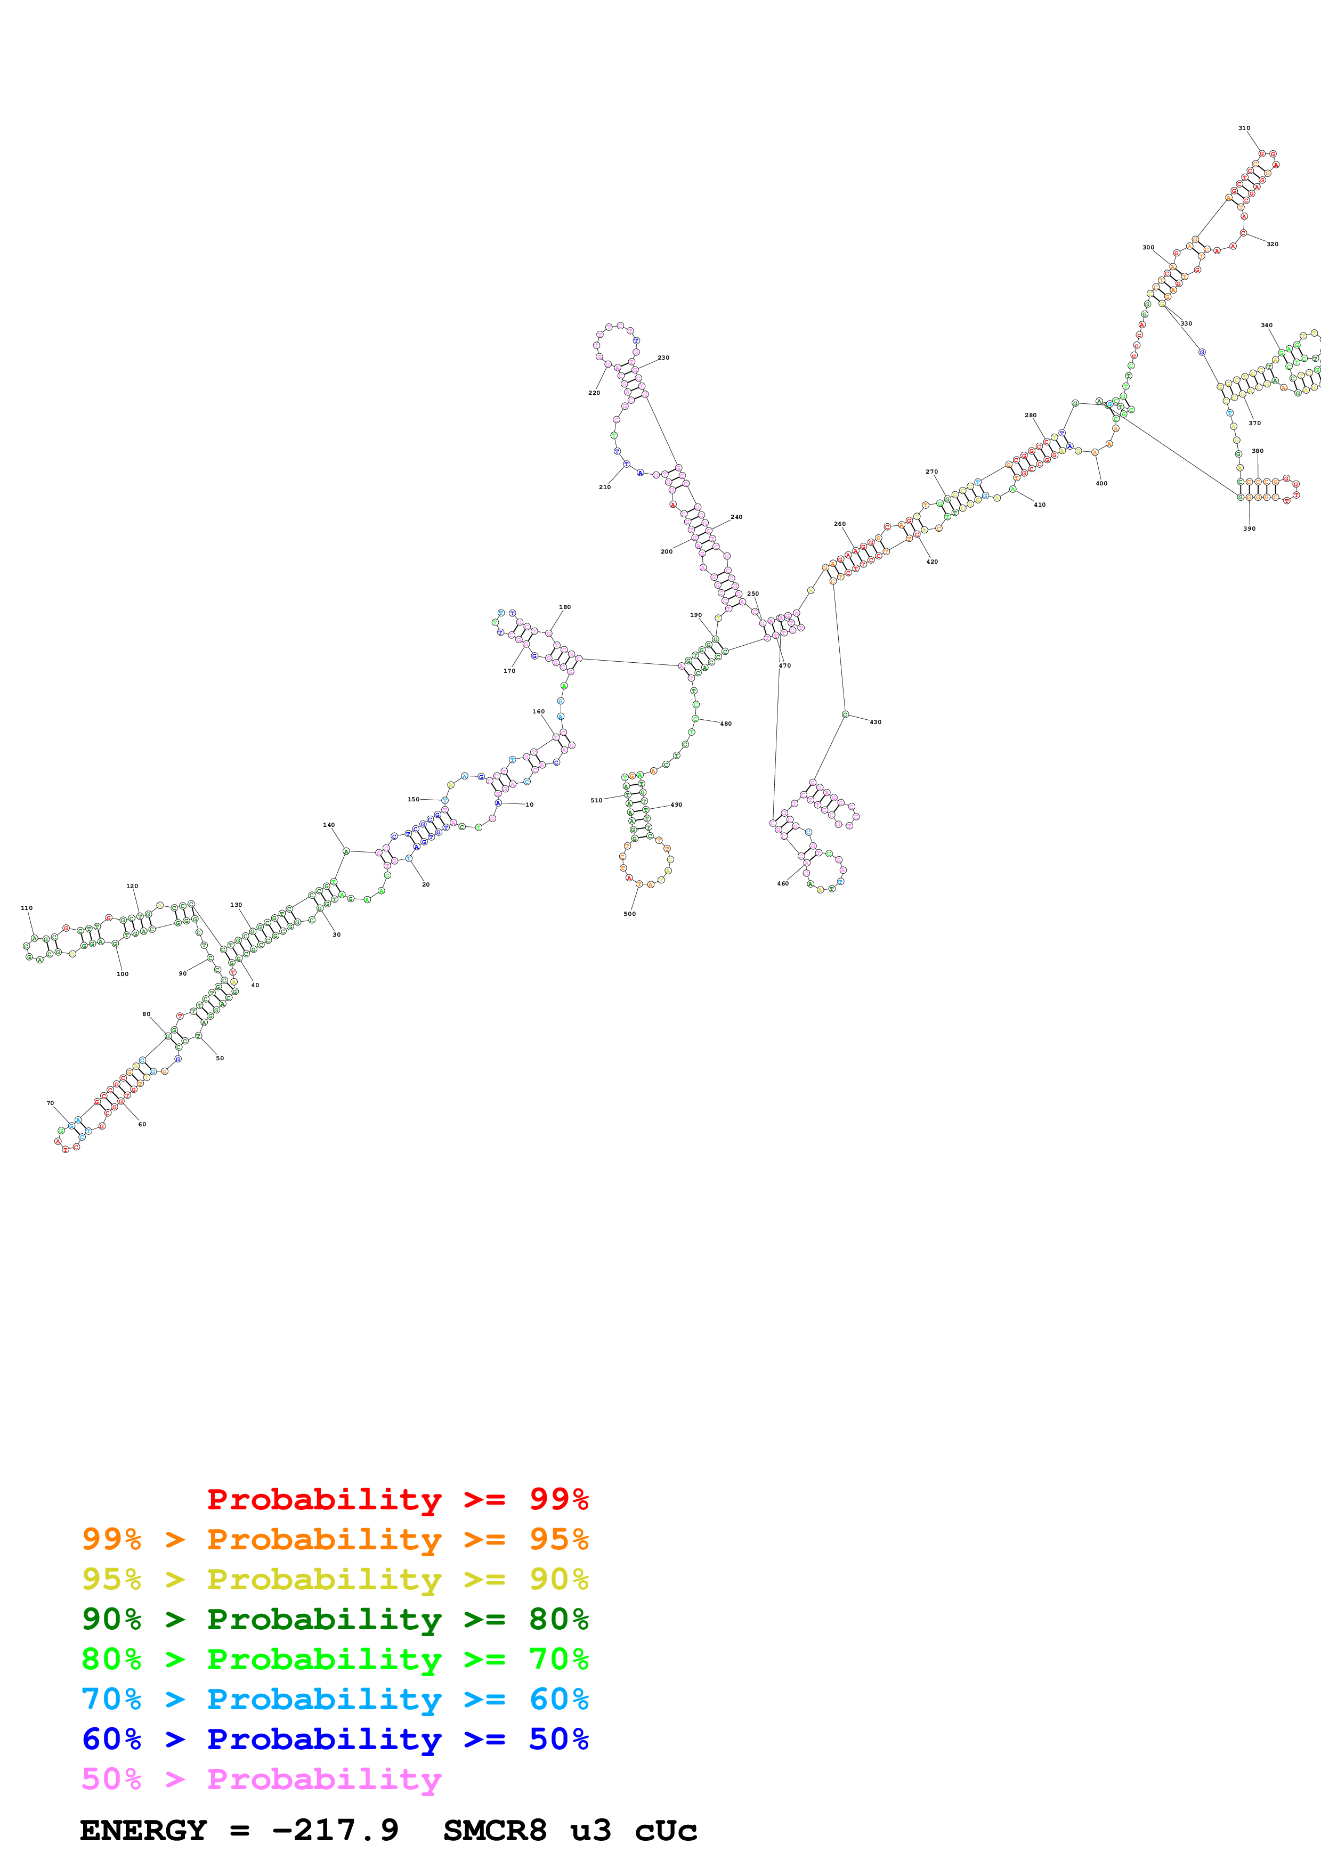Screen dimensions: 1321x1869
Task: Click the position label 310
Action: (1244, 128)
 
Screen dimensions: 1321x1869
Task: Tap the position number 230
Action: (663, 357)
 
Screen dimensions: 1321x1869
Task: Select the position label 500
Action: (629, 913)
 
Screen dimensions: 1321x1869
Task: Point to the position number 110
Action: (27, 908)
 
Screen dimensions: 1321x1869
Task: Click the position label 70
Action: (50, 1103)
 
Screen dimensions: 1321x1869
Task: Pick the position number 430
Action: (875, 722)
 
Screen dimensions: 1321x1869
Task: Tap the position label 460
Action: (782, 883)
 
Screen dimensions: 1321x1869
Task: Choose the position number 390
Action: (1249, 529)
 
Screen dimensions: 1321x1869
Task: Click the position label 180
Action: (565, 607)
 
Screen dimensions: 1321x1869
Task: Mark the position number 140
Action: (329, 825)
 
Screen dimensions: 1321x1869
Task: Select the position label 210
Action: (605, 487)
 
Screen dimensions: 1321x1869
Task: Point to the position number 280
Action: (1031, 415)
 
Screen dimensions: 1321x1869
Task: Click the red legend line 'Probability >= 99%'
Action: (397, 1499)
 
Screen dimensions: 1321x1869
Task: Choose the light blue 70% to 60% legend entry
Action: (335, 1699)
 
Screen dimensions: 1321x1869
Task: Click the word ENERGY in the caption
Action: (143, 1830)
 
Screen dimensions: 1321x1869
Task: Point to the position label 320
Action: (1272, 244)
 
